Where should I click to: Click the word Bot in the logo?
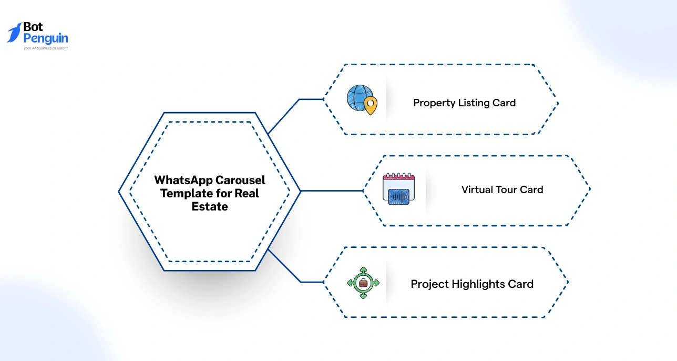[33, 27]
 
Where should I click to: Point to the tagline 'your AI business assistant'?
[46, 48]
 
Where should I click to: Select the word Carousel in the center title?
[240, 180]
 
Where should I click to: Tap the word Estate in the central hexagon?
[210, 207]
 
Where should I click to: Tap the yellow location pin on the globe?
[371, 106]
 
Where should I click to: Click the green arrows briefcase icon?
[363, 283]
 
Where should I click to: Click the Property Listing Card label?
[464, 103]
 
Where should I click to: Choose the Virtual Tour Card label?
[502, 189]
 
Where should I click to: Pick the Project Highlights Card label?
[471, 284]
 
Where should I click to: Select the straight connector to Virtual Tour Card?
[331, 190]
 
